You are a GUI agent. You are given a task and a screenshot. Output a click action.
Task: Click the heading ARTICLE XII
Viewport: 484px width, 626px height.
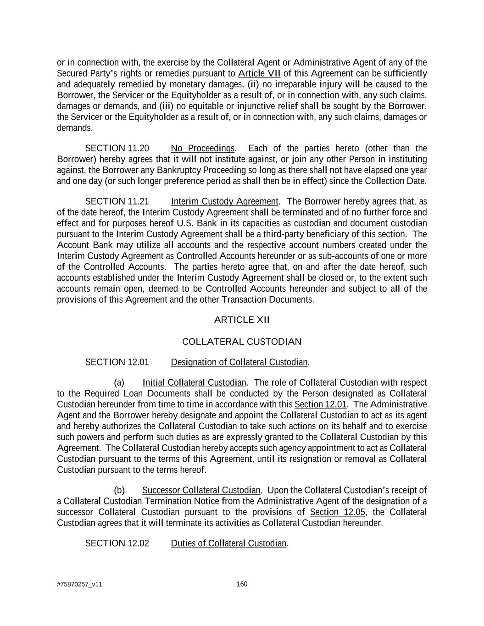pyautogui.click(x=242, y=320)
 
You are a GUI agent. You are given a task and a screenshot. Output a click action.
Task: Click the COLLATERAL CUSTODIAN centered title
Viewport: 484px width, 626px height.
pyautogui.click(x=242, y=342)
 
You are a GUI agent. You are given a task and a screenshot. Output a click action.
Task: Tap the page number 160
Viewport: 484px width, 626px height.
pyautogui.click(x=242, y=584)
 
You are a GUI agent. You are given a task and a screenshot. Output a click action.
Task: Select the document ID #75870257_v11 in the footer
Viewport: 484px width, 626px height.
pyautogui.click(x=79, y=584)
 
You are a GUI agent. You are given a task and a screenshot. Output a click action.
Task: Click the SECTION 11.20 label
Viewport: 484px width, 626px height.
pyautogui.click(x=117, y=148)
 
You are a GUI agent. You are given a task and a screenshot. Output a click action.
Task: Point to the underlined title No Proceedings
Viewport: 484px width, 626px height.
pyautogui.click(x=202, y=148)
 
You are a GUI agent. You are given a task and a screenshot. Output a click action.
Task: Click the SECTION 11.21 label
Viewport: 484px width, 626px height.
pyautogui.click(x=117, y=201)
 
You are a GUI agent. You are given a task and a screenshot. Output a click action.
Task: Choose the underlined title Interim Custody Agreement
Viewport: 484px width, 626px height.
pyautogui.click(x=224, y=201)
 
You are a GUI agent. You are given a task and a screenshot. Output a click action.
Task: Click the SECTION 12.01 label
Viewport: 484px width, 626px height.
pyautogui.click(x=117, y=362)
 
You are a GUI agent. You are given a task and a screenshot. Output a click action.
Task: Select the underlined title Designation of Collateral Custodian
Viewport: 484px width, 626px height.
pyautogui.click(x=239, y=362)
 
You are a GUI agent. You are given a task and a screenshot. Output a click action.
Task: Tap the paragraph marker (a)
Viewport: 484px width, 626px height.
pyautogui.click(x=119, y=382)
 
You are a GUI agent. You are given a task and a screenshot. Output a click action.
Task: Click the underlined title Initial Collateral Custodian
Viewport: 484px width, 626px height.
pyautogui.click(x=195, y=382)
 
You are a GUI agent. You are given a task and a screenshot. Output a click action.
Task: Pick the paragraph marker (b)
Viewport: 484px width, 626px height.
pyautogui.click(x=119, y=490)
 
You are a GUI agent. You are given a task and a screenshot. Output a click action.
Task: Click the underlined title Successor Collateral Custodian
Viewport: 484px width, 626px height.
pyautogui.click(x=201, y=490)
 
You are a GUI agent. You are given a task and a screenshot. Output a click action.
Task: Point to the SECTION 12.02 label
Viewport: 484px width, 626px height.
pyautogui.click(x=117, y=543)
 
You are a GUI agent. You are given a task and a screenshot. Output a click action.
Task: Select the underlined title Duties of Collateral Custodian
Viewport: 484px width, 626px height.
pyautogui.click(x=228, y=543)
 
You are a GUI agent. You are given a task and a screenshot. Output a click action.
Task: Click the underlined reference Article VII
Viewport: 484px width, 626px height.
pyautogui.click(x=259, y=73)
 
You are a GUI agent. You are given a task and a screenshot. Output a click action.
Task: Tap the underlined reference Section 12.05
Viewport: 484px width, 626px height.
pyautogui.click(x=338, y=512)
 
